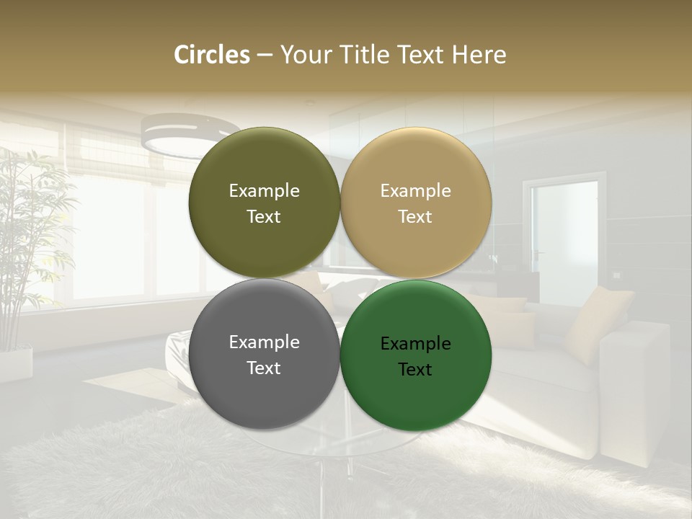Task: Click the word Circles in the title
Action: [x=212, y=55]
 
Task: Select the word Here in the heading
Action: [x=479, y=55]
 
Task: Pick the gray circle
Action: [x=265, y=389]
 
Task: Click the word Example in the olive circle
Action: [x=265, y=191]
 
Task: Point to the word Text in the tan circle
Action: [x=416, y=217]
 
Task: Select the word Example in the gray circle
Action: [x=265, y=342]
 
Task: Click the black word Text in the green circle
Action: [x=416, y=370]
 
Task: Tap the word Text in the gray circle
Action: [x=265, y=368]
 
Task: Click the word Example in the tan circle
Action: [x=416, y=191]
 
